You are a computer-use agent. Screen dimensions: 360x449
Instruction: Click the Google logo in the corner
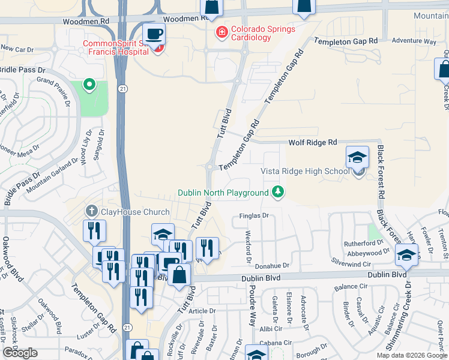click(20, 353)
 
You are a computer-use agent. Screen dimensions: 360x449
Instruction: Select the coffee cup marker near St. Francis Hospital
click(154, 35)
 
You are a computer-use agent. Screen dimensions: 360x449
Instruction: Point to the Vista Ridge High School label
click(304, 171)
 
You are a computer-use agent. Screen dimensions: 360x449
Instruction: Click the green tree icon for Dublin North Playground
click(277, 192)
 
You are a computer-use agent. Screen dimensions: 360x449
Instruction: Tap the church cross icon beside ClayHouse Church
click(91, 211)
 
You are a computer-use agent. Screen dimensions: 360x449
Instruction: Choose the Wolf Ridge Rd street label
click(312, 142)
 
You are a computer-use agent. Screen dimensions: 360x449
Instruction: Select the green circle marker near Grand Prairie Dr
click(89, 85)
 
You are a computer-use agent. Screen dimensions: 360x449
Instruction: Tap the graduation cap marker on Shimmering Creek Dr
click(406, 256)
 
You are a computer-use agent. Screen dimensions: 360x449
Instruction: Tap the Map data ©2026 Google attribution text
click(411, 355)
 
